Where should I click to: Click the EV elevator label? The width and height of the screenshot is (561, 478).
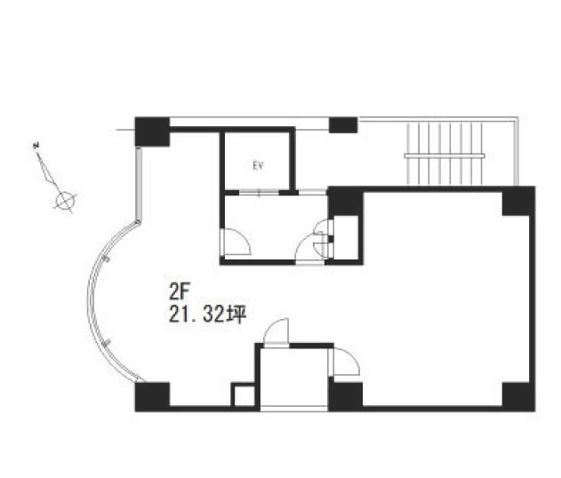pyautogui.click(x=258, y=166)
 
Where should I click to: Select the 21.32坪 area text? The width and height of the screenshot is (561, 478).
pyautogui.click(x=208, y=315)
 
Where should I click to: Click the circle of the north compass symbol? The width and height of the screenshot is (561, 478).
pyautogui.click(x=65, y=200)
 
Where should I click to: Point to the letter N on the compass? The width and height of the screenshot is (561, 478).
pyautogui.click(x=36, y=145)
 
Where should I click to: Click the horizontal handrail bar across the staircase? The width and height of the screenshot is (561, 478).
pyautogui.click(x=445, y=155)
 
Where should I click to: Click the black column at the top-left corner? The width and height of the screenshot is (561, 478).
pyautogui.click(x=152, y=131)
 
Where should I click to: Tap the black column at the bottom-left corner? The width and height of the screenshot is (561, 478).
pyautogui.click(x=152, y=397)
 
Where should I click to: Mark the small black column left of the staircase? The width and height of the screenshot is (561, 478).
pyautogui.click(x=343, y=125)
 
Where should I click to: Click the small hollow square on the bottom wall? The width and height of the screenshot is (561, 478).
pyautogui.click(x=244, y=396)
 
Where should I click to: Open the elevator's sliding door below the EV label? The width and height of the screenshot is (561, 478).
pyautogui.click(x=259, y=193)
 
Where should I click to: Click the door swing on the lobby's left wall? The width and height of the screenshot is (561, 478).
pyautogui.click(x=236, y=242)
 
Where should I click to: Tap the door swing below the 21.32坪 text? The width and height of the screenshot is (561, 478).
pyautogui.click(x=276, y=331)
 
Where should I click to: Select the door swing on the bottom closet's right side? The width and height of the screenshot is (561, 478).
pyautogui.click(x=344, y=362)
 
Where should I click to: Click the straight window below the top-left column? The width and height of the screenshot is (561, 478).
pyautogui.click(x=139, y=184)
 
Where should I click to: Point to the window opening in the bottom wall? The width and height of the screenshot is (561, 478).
pyautogui.click(x=293, y=409)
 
